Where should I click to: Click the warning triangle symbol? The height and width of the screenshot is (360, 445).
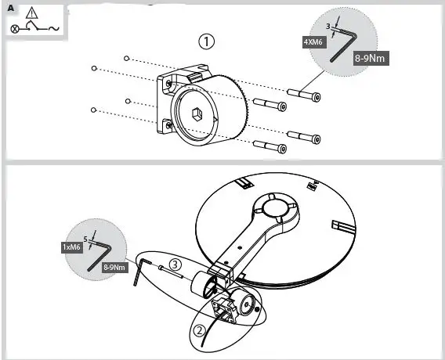click(x=31, y=13)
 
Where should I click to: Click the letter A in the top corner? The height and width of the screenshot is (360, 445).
click(x=10, y=7)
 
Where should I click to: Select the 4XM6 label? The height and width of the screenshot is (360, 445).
click(x=312, y=43)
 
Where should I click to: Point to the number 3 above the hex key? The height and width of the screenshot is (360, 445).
click(x=328, y=27)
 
